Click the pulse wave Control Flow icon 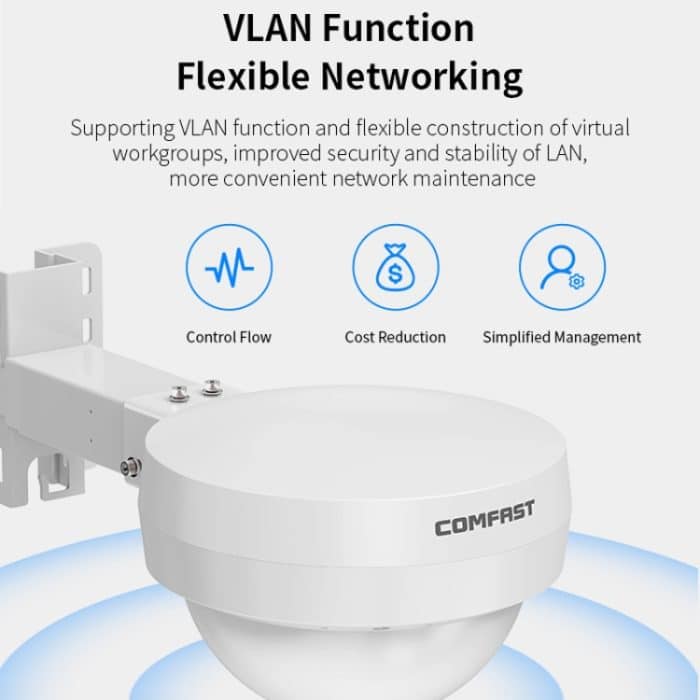pos(229,269)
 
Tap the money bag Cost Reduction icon pos(395,269)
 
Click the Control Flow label pos(229,337)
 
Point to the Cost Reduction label pos(395,337)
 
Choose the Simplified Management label pos(562,337)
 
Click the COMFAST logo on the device pos(484,518)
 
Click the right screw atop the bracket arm pos(211,386)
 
